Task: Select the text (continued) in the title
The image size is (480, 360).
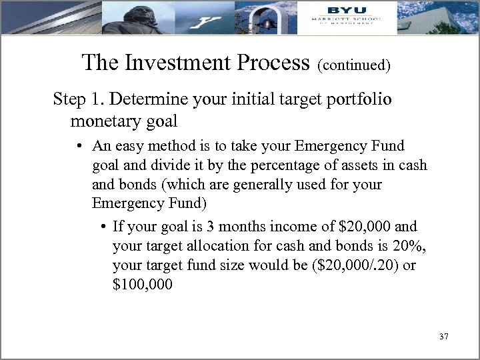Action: [x=353, y=65]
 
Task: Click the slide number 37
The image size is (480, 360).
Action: [x=444, y=337]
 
